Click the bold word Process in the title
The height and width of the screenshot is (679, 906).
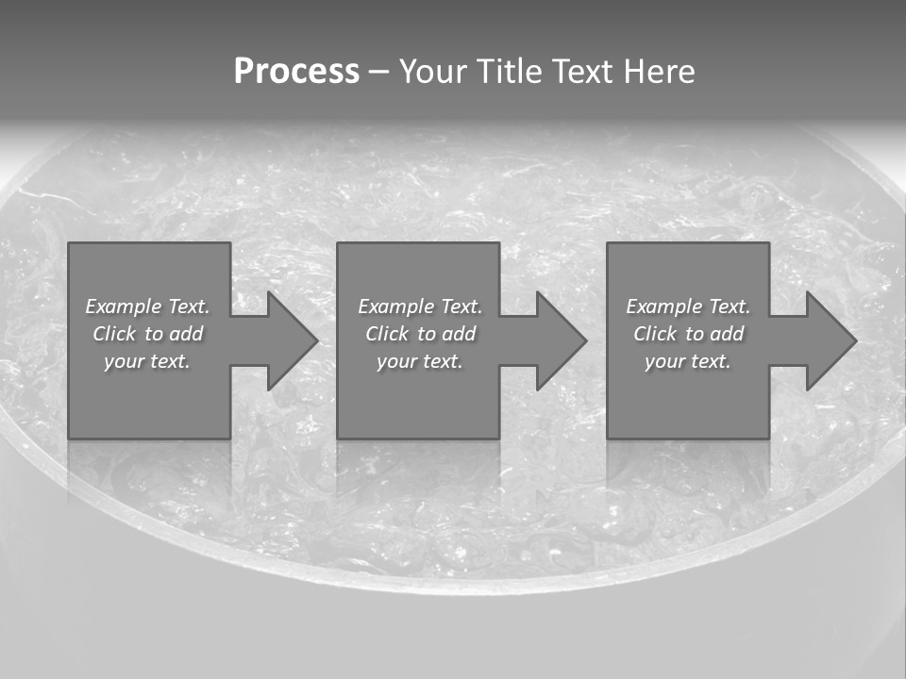[x=296, y=72]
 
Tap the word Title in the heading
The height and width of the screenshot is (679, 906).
[x=512, y=72]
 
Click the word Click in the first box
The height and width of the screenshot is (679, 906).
[x=114, y=334]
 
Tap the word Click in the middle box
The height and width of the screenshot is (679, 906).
[x=387, y=334]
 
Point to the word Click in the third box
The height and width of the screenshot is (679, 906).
[x=655, y=334]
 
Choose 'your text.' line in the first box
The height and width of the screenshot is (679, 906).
[x=147, y=361]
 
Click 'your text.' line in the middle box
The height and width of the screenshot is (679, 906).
[x=420, y=361]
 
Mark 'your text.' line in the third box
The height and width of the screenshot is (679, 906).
[x=688, y=361]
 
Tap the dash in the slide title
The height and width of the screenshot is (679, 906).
[x=378, y=73]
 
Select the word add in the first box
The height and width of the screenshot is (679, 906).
[x=186, y=334]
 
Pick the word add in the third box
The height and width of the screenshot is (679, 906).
[x=727, y=334]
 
